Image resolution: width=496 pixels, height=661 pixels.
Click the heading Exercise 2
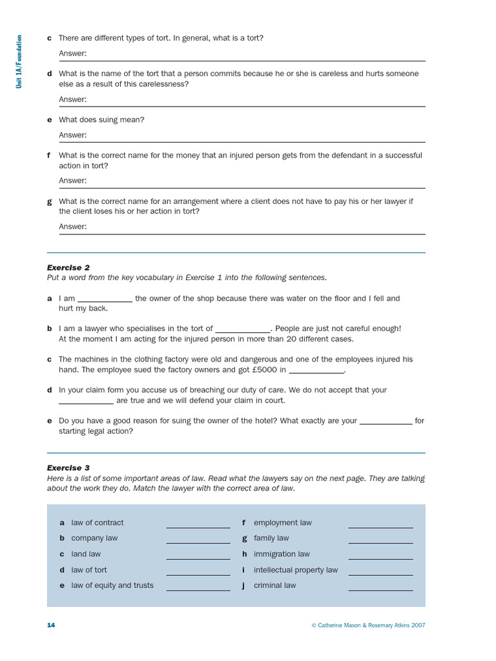pos(68,267)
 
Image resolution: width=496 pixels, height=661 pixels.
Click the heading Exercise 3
pos(68,467)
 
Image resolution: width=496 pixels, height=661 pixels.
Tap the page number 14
pos(51,625)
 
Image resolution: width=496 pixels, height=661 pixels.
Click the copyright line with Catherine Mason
pos(368,625)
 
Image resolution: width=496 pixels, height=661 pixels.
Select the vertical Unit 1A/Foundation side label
pos(20,62)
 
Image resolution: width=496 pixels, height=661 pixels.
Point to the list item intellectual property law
pos(295,570)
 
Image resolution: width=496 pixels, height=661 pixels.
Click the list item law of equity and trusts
pos(112,585)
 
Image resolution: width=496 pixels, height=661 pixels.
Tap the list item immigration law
pos(282,554)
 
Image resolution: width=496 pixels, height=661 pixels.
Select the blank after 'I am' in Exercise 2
pos(105,300)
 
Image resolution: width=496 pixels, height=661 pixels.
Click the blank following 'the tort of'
pos(242,330)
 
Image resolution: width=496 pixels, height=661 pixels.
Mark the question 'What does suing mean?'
pos(101,119)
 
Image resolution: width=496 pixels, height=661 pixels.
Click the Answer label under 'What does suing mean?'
pos(72,135)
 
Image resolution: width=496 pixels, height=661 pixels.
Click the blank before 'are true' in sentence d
pos(86,402)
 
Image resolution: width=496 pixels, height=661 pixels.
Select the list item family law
pos(271,538)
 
